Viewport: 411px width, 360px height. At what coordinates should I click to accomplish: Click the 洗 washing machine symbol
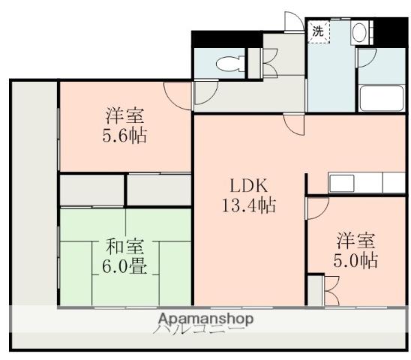point(318,31)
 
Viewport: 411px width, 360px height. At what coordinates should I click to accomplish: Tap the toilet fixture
point(224,64)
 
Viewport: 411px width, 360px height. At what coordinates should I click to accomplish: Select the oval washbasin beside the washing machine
point(358,32)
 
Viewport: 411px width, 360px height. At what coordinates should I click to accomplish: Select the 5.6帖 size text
point(125,136)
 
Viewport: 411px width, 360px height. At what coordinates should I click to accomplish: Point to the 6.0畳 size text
point(120,266)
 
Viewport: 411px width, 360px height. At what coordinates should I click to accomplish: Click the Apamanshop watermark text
point(204,318)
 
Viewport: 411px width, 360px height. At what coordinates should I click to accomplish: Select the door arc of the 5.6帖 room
point(178,94)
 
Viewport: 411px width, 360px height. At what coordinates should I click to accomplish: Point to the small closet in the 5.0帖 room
point(315,289)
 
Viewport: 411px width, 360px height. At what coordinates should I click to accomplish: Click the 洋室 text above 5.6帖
point(125,116)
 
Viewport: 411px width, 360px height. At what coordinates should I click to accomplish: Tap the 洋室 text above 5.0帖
point(355,241)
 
